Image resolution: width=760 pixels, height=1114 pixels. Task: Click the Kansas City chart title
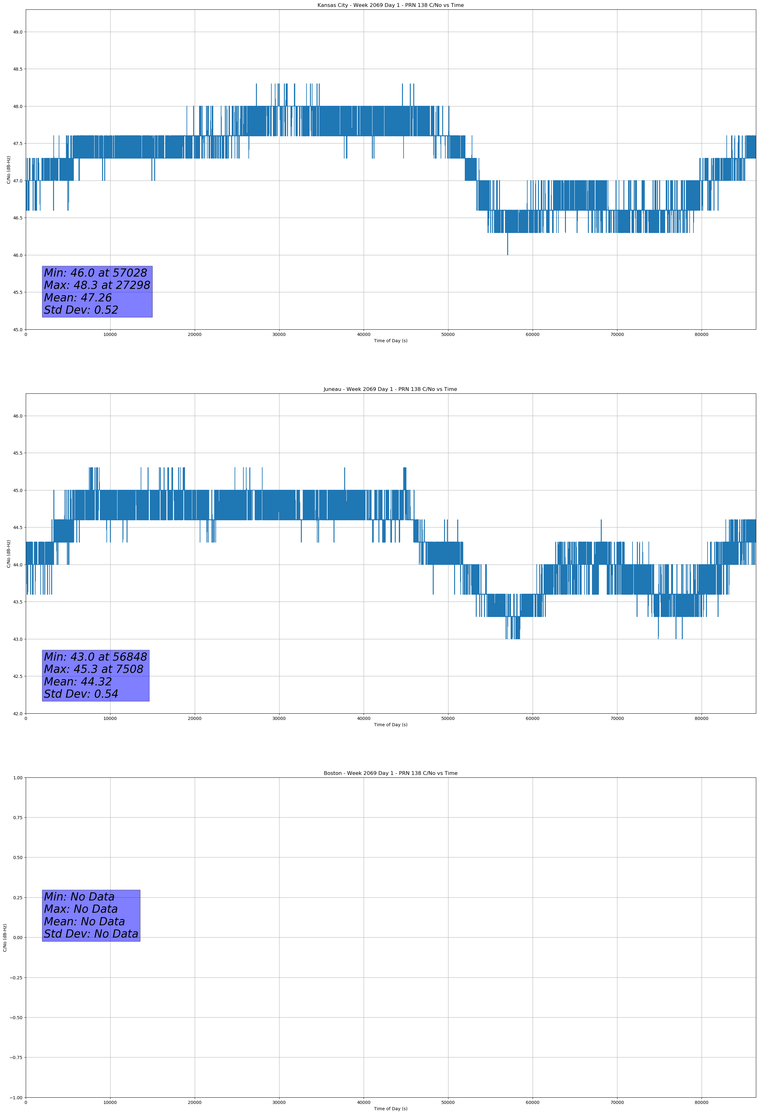390,5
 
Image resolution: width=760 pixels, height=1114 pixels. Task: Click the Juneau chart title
390,389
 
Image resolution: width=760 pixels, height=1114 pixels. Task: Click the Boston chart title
390,773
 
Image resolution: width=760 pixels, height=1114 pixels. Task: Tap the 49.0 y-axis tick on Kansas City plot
18,32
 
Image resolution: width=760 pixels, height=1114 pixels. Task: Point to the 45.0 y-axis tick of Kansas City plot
18,329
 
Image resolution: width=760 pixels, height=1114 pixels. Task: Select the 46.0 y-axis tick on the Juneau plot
18,416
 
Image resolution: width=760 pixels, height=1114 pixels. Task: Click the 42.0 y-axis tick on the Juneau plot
18,713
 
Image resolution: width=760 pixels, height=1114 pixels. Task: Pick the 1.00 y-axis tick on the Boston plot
17,777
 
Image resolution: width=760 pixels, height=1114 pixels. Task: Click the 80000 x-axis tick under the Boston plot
702,1102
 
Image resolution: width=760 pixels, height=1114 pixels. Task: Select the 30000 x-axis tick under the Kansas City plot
279,335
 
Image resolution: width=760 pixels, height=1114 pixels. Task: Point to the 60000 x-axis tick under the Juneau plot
532,718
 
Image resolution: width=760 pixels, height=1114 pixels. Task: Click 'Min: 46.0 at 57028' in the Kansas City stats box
95,273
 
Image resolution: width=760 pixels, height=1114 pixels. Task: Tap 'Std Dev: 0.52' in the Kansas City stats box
81,310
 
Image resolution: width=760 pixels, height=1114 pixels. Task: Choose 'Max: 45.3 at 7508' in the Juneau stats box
94,669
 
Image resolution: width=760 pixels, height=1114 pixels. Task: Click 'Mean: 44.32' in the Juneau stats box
78,682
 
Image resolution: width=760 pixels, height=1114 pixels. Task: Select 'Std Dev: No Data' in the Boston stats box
91,934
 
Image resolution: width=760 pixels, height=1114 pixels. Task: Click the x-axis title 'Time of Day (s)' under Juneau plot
390,725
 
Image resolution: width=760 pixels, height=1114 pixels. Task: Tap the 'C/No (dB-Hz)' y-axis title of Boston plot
5,938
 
